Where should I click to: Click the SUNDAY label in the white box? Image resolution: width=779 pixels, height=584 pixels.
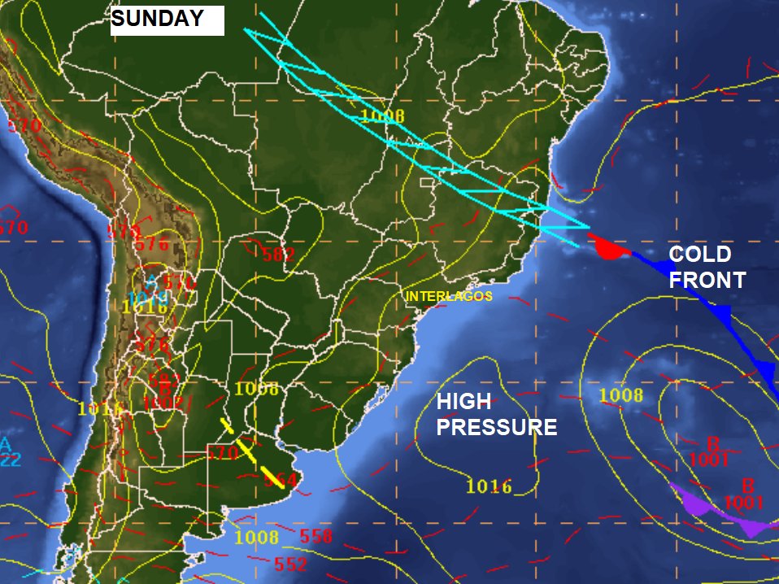[x=158, y=20]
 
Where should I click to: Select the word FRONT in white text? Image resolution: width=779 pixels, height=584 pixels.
[x=707, y=281]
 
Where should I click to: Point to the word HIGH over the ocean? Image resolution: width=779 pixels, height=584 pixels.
[x=463, y=402]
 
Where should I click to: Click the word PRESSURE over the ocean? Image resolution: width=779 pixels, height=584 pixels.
[x=497, y=428]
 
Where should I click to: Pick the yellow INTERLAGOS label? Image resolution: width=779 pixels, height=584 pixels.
[x=449, y=296]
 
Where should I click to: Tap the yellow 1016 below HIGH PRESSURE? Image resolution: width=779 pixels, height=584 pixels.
[x=489, y=487]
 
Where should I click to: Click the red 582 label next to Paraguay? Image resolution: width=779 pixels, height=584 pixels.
[x=279, y=255]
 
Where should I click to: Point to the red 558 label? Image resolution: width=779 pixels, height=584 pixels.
[x=316, y=537]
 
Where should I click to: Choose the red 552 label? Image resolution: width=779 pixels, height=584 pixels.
[x=291, y=564]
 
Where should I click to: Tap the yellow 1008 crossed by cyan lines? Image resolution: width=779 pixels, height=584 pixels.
[x=382, y=115]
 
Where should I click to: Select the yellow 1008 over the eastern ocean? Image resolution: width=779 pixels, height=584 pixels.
[x=621, y=396]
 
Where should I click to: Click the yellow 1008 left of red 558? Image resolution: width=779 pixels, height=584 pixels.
[x=256, y=538]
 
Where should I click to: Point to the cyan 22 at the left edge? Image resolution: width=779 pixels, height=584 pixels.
[x=11, y=460]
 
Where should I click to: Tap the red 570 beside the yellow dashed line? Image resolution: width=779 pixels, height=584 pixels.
[x=222, y=452]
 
